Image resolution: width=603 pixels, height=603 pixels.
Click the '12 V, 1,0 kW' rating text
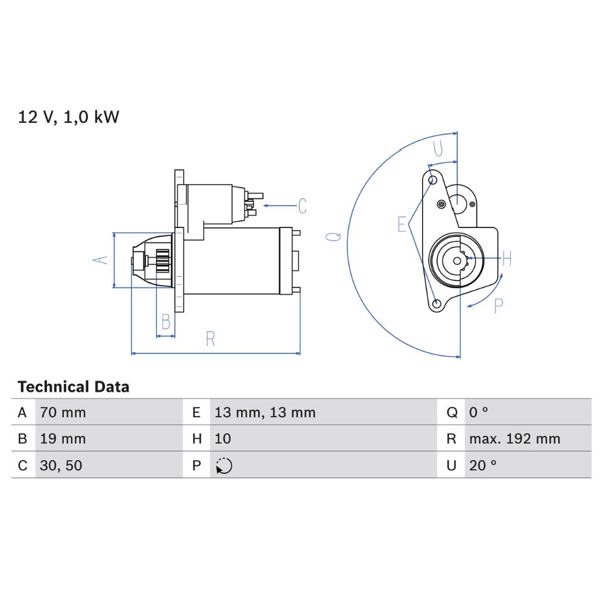click(69, 117)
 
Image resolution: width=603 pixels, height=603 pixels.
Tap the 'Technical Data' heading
click(74, 387)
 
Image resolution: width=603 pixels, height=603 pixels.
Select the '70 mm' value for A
click(63, 412)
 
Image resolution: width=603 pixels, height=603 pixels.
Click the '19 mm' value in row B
click(63, 439)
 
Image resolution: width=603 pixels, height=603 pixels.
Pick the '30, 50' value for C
click(61, 466)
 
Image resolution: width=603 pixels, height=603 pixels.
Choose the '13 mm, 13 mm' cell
click(265, 412)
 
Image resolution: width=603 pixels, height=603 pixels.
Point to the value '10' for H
click(223, 439)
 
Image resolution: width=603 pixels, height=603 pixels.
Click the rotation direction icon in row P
click(224, 466)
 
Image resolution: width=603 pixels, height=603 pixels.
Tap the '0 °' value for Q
click(478, 412)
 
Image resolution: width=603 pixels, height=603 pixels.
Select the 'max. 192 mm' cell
click(514, 439)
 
